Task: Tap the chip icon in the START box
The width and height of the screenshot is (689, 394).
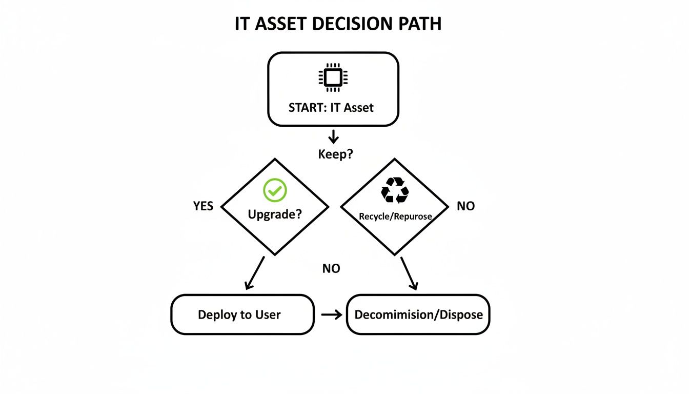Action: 333,77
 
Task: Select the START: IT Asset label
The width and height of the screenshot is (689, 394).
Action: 331,108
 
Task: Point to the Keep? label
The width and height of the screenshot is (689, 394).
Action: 335,154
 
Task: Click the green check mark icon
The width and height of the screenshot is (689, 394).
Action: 275,190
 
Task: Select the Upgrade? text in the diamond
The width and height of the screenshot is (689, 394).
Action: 275,214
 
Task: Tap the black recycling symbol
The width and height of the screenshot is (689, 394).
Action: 395,190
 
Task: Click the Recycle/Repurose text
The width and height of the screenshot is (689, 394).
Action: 395,216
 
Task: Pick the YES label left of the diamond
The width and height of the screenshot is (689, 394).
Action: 203,206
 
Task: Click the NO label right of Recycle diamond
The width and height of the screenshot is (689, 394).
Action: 465,206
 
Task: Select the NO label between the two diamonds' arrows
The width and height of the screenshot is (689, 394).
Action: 331,268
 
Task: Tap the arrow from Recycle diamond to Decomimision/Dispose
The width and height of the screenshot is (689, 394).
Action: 409,273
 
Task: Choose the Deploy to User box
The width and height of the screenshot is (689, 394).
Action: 242,314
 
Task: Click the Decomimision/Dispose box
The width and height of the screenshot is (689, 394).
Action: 418,314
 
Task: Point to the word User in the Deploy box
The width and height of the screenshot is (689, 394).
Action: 267,315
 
